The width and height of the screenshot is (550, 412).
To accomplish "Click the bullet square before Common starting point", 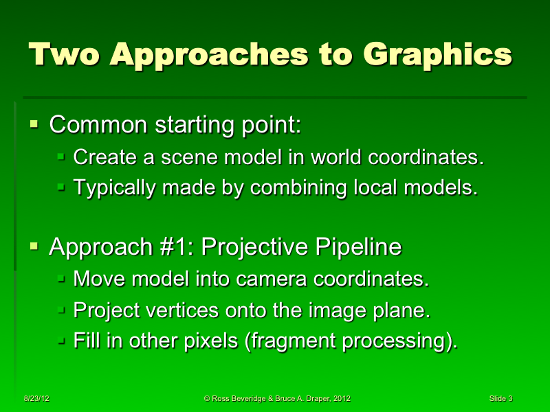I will (34, 124).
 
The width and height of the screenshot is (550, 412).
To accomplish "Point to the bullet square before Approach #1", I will (34, 246).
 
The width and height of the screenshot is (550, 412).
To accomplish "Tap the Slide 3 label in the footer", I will (500, 398).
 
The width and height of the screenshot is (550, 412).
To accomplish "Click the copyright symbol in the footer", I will (208, 398).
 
